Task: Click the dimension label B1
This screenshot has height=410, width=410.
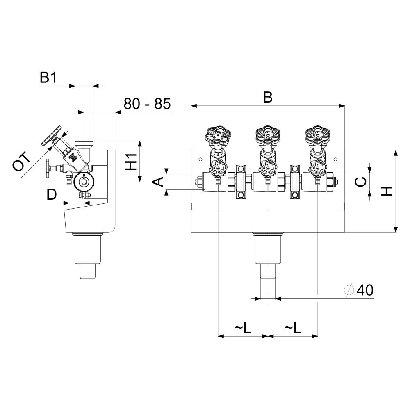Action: click(48, 77)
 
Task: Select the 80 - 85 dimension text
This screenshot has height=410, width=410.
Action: click(147, 104)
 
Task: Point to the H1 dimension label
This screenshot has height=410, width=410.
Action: click(131, 162)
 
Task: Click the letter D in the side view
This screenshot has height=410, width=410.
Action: click(52, 194)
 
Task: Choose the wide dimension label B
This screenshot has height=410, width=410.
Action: click(268, 97)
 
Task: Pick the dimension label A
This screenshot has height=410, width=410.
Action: click(158, 182)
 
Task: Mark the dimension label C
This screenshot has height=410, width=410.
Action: click(362, 182)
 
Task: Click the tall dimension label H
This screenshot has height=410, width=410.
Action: click(387, 191)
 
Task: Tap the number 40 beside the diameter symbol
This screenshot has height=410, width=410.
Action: click(365, 290)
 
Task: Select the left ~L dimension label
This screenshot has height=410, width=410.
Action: click(243, 327)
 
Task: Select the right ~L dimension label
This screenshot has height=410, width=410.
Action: click(293, 327)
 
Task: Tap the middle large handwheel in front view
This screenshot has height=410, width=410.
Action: click(268, 135)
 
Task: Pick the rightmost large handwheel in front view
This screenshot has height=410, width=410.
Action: click(318, 135)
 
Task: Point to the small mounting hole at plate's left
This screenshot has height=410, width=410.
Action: click(200, 159)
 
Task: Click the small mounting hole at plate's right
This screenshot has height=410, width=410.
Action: click(336, 159)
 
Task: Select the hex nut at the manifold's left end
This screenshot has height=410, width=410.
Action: click(198, 182)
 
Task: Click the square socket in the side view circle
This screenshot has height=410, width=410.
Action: click(84, 182)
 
